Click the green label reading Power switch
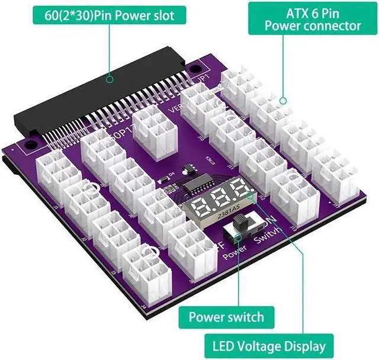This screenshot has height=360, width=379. tap(226, 317)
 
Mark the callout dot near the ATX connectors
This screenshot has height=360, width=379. tap(282, 102)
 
